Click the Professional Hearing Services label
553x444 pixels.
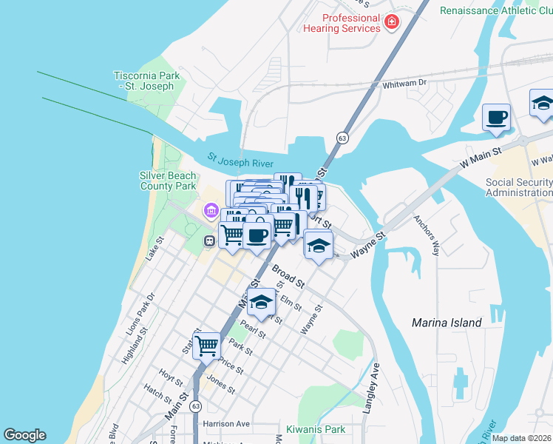point(341,23)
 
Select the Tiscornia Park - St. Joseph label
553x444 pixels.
point(144,81)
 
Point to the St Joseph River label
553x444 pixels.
point(240,160)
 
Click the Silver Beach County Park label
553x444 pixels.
point(169,181)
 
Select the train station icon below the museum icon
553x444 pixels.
point(210,240)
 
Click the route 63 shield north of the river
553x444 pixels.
point(342,138)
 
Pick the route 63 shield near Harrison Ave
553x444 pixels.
point(195,406)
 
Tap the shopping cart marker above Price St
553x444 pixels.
point(207,345)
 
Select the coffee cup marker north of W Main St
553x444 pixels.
point(496,117)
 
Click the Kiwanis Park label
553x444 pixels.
point(316,429)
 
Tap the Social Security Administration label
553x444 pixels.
point(519,188)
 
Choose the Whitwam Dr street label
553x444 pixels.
point(405,84)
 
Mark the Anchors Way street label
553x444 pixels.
point(427,235)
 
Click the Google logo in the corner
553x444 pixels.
point(24,435)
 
